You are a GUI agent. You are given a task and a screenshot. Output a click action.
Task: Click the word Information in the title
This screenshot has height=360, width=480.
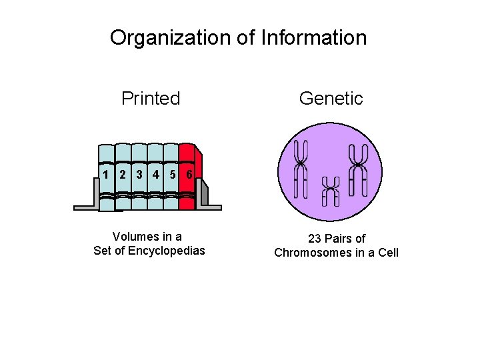pyautogui.click(x=313, y=38)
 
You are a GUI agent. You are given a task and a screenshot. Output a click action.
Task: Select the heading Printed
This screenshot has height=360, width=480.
pyautogui.click(x=151, y=99)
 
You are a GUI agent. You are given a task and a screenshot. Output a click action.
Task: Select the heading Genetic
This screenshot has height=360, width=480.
pyautogui.click(x=331, y=99)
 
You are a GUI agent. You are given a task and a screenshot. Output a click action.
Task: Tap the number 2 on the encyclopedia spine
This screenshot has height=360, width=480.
pyautogui.click(x=123, y=175)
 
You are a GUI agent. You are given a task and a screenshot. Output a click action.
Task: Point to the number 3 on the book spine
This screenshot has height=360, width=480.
pyautogui.click(x=139, y=175)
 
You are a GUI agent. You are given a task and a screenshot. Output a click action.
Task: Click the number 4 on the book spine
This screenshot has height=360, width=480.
pyautogui.click(x=155, y=175)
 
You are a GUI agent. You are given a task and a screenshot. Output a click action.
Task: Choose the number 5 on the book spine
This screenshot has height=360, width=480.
pyautogui.click(x=172, y=175)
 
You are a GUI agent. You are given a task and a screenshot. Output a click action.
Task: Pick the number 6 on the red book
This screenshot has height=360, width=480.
pyautogui.click(x=189, y=175)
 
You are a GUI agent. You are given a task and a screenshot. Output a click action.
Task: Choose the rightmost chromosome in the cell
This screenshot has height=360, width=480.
pyautogui.click(x=359, y=169)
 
